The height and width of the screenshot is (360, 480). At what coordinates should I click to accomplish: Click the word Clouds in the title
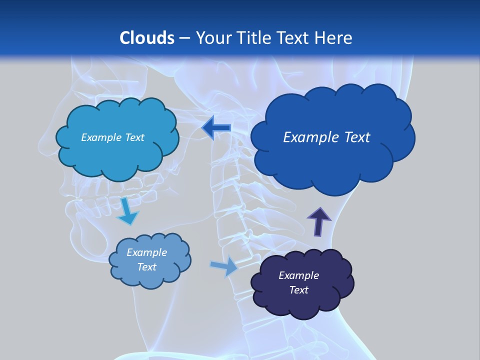click(146, 38)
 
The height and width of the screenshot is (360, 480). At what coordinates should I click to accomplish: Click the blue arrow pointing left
click(216, 128)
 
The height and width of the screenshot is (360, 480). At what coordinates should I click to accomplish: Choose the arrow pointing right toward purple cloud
click(224, 266)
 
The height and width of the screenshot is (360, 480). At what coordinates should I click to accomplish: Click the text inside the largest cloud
click(326, 137)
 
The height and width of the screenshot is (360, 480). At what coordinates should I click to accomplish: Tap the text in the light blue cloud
click(112, 137)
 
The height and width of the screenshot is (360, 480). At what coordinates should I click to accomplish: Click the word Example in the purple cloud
click(298, 275)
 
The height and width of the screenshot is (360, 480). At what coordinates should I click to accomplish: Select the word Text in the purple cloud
click(298, 290)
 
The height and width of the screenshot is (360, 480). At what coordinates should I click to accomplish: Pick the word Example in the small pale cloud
click(146, 252)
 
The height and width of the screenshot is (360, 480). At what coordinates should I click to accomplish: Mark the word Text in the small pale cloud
click(146, 267)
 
